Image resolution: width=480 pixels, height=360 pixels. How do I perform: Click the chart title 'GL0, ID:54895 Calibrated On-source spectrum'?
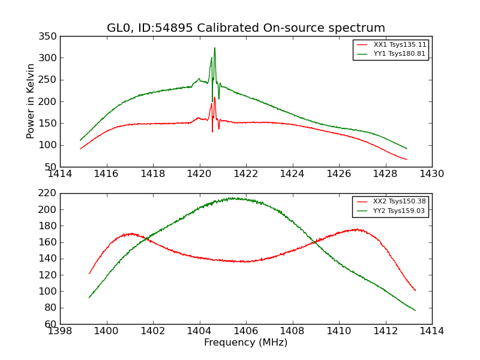point(246,28)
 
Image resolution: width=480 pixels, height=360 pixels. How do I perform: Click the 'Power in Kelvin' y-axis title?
point(31,101)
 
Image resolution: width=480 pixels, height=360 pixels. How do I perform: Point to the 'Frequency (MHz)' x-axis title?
point(246,343)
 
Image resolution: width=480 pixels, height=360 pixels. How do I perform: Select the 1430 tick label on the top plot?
point(431,174)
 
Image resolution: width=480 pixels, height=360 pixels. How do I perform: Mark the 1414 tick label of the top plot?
point(60,174)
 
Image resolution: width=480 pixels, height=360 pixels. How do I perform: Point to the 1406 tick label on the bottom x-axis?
point(245,331)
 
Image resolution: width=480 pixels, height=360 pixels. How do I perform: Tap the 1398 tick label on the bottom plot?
point(60,331)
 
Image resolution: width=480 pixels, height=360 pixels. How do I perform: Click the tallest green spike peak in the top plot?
point(215,48)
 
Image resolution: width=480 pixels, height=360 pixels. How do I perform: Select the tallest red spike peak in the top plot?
point(214,97)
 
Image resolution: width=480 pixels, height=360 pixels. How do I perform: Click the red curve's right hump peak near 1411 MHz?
point(356,229)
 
